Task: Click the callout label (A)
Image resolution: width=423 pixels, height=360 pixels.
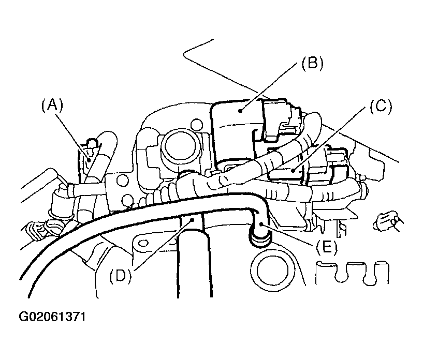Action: (52, 105)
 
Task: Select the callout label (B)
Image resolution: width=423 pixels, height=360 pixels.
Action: (312, 64)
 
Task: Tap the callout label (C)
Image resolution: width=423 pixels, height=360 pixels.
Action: (381, 107)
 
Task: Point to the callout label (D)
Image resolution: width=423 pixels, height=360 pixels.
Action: (120, 276)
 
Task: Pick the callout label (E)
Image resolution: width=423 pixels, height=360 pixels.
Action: (326, 247)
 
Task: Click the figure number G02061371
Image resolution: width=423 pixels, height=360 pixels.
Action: (52, 317)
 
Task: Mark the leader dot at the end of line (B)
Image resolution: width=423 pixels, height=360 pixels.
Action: (240, 110)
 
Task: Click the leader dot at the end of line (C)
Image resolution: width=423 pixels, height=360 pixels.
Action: (293, 170)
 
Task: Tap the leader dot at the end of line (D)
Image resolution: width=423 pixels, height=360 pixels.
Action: (193, 220)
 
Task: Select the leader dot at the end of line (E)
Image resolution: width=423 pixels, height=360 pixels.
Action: (261, 223)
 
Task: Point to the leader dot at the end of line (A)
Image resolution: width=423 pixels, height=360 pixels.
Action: (88, 159)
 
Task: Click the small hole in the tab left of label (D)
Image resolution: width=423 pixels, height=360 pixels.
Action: (144, 243)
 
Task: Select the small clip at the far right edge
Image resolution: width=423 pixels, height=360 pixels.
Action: (387, 222)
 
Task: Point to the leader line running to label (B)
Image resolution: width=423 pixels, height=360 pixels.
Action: (270, 86)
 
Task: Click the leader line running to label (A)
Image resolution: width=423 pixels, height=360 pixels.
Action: (71, 136)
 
